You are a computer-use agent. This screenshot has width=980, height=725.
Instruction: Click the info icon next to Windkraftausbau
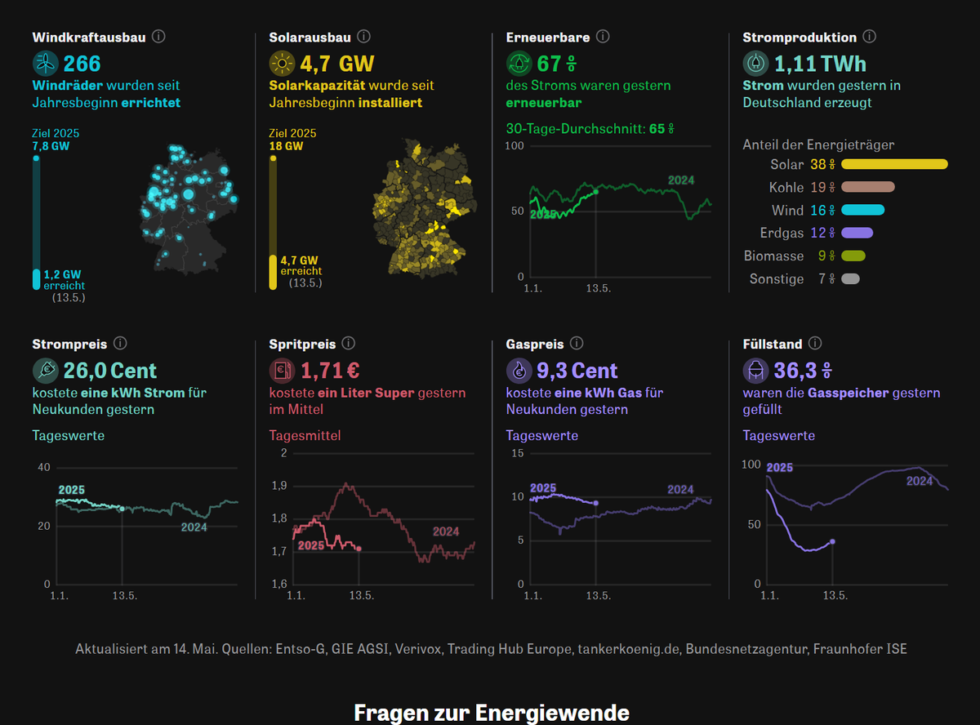point(159,37)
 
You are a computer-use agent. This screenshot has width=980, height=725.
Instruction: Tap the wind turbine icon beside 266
point(46,63)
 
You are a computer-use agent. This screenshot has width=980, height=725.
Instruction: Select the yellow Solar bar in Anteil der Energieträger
point(894,164)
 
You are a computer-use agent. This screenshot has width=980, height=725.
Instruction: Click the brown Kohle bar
point(868,187)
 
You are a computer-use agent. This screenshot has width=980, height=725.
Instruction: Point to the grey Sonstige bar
point(850,279)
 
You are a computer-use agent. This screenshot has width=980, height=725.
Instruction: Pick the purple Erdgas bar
point(857,234)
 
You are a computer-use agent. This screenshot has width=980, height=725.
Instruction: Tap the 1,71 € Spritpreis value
point(331,371)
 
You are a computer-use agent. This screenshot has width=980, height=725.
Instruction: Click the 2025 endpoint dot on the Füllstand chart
point(832,541)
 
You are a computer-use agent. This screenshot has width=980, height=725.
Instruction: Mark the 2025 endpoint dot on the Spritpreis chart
point(359,549)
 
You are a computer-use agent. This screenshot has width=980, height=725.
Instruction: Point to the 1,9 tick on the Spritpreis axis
point(279,486)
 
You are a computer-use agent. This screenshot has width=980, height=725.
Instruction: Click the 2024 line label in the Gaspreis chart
point(680,489)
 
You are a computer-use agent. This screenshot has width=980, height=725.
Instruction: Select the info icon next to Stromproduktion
point(870,37)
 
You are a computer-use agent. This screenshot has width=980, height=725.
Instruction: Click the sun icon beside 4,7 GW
point(283,63)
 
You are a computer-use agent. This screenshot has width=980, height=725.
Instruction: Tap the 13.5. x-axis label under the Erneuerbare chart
point(599,288)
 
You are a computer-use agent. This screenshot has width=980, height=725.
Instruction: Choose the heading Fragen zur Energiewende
point(492,712)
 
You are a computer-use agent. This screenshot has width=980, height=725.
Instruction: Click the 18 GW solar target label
point(286,146)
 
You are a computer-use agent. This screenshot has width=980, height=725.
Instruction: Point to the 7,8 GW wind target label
point(49,146)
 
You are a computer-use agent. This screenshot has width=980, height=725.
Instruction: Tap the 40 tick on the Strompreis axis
point(43,468)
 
